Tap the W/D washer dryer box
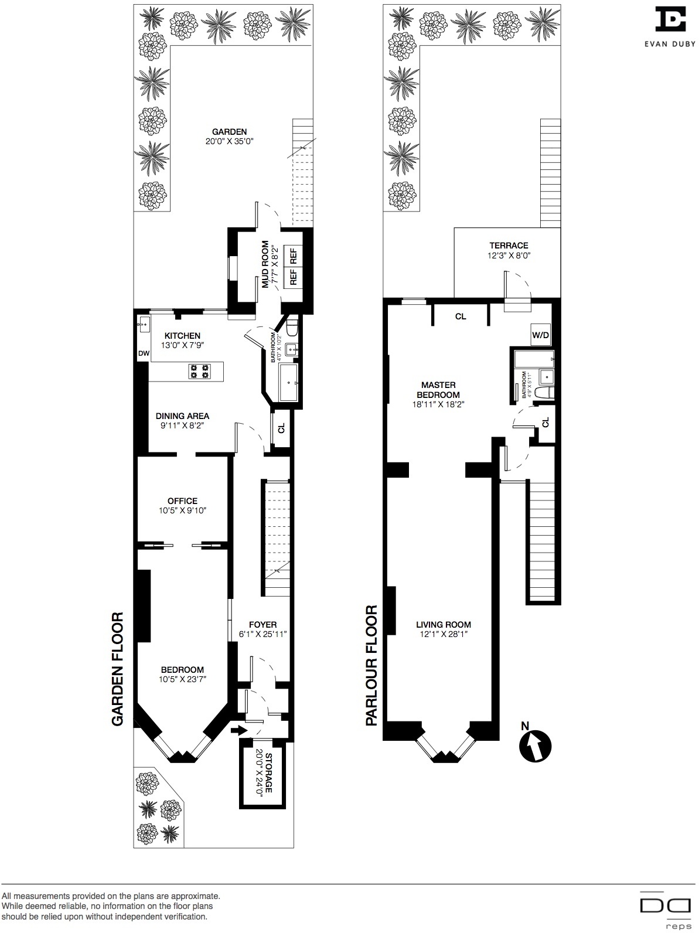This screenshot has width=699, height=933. (540, 336)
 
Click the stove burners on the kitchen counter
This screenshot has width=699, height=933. (199, 371)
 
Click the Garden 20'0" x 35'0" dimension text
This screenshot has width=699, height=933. (229, 141)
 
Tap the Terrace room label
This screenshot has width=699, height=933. (509, 246)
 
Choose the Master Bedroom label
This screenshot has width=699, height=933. (438, 390)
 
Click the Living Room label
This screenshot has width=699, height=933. (444, 625)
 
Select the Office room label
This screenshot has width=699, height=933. (182, 501)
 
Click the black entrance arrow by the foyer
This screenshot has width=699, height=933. (238, 730)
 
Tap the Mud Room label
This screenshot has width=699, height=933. (265, 264)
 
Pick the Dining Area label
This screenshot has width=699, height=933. (182, 416)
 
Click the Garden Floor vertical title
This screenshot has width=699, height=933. (118, 669)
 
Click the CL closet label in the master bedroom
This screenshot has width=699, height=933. (461, 316)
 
